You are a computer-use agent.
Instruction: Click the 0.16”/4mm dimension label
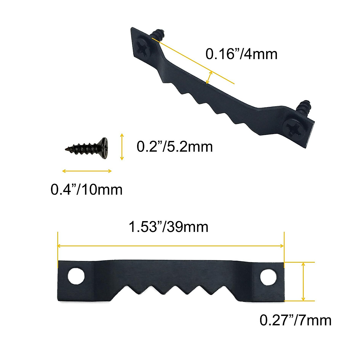pos(241,54)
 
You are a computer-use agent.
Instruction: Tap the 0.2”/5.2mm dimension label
pos(175,147)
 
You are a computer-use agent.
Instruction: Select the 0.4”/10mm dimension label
pos(86,190)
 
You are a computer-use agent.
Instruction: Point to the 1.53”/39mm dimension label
pos(168,227)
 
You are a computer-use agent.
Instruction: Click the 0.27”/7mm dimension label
pos(295,320)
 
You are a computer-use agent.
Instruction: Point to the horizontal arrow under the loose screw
pos(87,171)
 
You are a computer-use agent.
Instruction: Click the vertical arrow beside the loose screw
pos(121,147)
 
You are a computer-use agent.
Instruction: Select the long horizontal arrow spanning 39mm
pos(170,246)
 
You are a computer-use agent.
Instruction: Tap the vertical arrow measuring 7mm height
pos(303,281)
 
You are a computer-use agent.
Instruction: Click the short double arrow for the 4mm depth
pos(209,77)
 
